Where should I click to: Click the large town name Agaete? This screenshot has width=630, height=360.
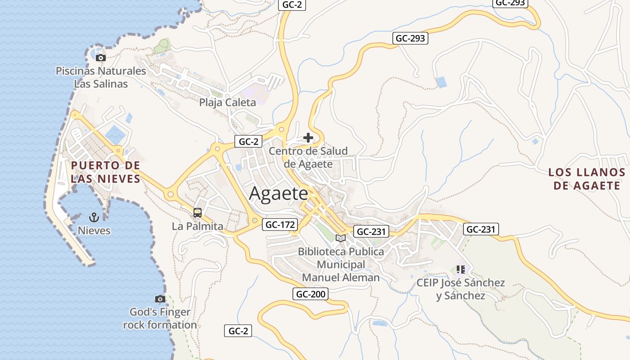point(279,193)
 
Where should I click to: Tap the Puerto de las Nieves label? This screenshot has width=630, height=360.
point(106,172)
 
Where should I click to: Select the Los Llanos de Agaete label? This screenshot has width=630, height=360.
point(587,179)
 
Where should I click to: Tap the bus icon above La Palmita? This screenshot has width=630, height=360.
point(197,213)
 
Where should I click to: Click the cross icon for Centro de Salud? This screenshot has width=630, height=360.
point(308,138)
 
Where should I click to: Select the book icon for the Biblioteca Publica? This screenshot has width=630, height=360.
point(341,238)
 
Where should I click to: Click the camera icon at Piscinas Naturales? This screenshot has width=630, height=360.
point(101,58)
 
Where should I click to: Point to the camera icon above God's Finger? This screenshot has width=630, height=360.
point(160,299)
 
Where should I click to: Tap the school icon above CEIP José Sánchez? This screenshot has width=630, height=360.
point(460,270)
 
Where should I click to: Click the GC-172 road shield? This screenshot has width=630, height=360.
point(280,225)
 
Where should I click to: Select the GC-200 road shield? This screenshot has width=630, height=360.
point(310,294)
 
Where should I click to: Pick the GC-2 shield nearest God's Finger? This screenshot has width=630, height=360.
point(238,331)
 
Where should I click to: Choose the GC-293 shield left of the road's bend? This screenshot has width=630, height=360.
point(410,38)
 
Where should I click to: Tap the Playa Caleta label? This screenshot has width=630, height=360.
point(228,102)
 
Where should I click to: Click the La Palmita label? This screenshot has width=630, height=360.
point(198,226)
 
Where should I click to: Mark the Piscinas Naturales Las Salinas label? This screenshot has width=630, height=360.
point(101,77)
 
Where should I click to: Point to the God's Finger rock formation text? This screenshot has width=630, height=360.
point(160,318)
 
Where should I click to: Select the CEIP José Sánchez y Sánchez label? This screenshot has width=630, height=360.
point(460,289)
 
